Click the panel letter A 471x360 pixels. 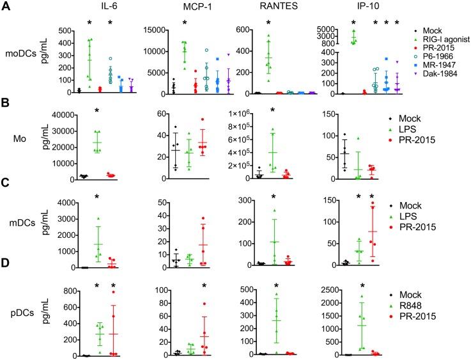(6, 6)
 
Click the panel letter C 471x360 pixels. (6, 188)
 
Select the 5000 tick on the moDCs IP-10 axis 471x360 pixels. (336, 29)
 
